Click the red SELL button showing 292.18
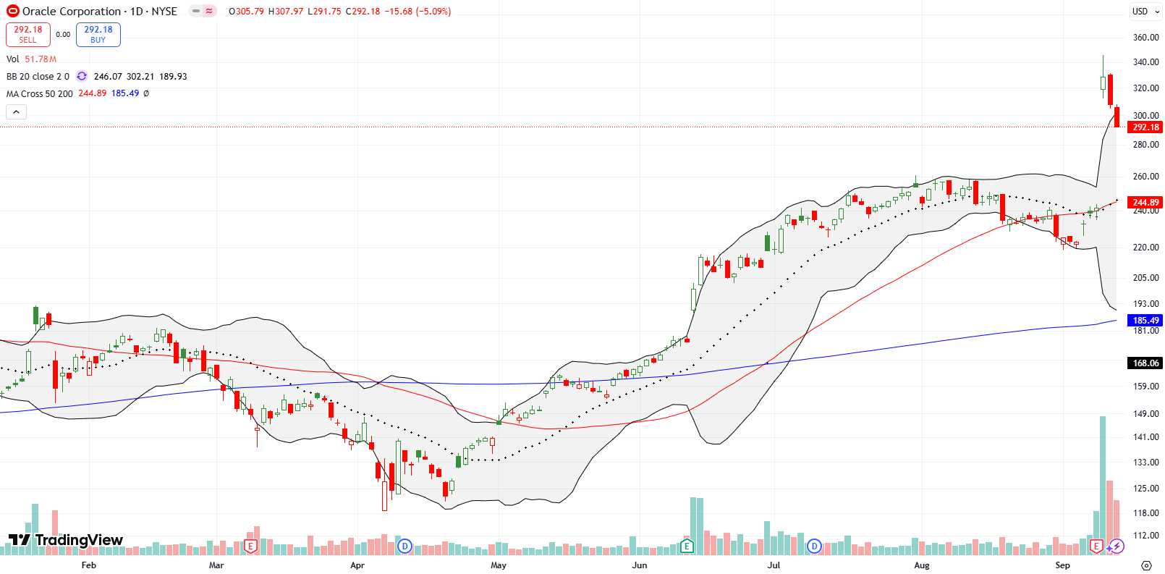27,34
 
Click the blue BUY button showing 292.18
98,34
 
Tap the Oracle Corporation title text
72,11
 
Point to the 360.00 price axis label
1145,37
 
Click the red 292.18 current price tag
1145,127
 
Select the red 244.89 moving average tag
1145,203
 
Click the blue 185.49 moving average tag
1145,320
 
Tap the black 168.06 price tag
1145,363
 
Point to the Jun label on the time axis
639,565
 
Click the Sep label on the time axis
1062,565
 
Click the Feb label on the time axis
88,565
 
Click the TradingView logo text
66,540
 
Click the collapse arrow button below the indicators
16,111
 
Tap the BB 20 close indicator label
38,76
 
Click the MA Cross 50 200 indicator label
39,93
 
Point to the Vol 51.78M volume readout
31,59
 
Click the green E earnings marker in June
687,546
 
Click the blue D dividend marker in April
404,546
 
